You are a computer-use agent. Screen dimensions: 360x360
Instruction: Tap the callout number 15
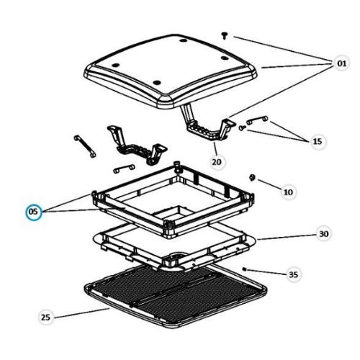click(318, 142)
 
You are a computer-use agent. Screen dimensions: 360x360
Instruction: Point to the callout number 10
click(288, 192)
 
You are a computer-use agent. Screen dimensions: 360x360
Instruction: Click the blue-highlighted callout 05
click(34, 212)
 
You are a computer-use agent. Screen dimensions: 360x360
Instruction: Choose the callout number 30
click(323, 235)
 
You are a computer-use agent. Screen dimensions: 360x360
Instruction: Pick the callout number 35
click(292, 274)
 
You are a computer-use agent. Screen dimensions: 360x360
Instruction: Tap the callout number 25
click(46, 318)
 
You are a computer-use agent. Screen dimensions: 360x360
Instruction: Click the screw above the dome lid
click(225, 34)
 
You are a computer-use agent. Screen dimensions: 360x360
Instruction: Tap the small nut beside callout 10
click(252, 177)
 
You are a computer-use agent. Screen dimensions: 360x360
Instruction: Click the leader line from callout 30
click(284, 237)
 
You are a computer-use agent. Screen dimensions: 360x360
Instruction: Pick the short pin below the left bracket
click(124, 168)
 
